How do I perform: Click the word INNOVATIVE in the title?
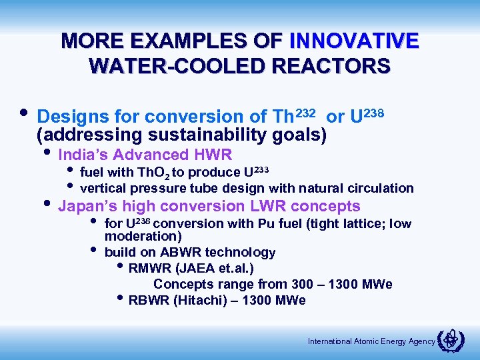click(354, 41)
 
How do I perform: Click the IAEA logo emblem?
click(453, 340)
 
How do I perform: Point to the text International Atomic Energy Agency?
click(371, 341)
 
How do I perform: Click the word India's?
click(83, 155)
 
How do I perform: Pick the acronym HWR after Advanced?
click(213, 155)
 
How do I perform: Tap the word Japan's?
click(85, 206)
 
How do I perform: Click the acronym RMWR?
click(148, 269)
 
